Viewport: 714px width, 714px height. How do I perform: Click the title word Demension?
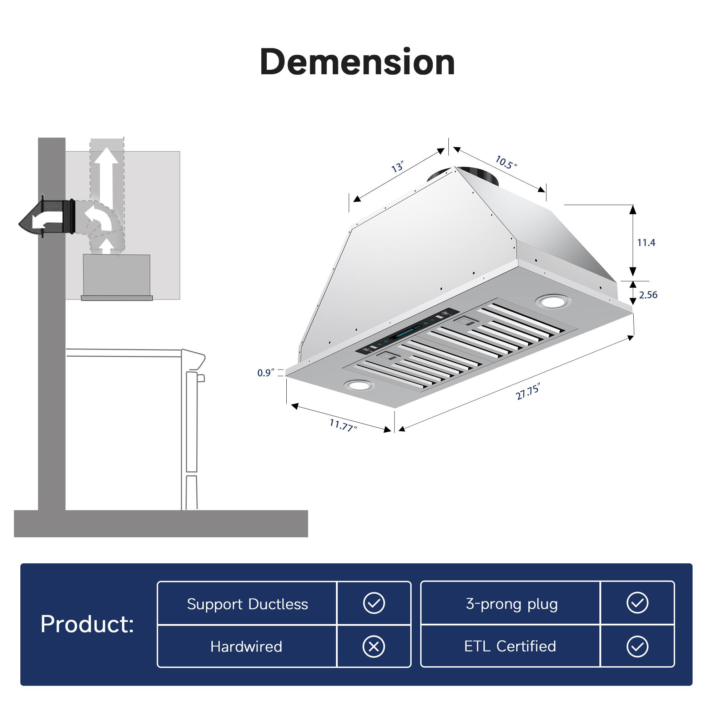point(357,62)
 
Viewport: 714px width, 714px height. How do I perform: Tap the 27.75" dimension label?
point(528,392)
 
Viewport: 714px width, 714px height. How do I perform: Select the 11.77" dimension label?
point(343,425)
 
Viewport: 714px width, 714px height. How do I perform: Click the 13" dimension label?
point(398,167)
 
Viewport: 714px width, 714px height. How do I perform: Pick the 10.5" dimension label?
point(506,162)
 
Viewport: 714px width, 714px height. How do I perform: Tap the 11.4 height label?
point(646,243)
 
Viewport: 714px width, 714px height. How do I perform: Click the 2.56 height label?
point(648,295)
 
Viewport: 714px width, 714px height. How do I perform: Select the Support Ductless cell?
point(247,604)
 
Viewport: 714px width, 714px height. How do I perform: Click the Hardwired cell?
point(246,647)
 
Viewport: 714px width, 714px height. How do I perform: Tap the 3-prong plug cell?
point(512,604)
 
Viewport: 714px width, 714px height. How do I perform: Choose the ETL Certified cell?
point(510,647)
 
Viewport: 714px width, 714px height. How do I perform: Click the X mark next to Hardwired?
point(374,647)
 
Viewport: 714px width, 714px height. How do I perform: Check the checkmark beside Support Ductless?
point(374,603)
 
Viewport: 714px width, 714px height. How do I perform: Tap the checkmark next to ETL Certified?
point(638,647)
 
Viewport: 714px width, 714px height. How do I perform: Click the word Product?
point(87,624)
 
